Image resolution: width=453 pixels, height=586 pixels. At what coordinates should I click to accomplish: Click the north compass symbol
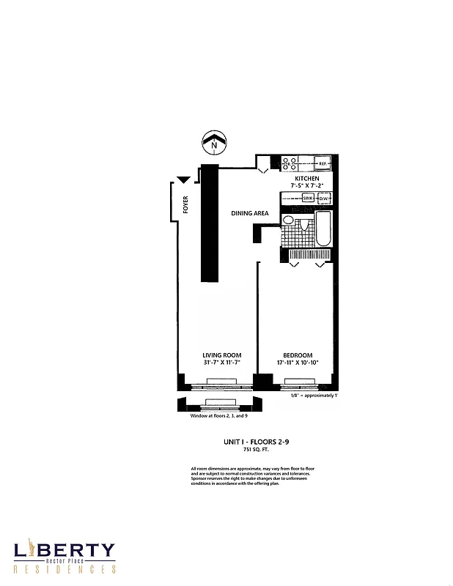tap(213, 141)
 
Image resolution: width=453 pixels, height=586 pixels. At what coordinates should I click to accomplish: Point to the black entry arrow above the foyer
tap(183, 179)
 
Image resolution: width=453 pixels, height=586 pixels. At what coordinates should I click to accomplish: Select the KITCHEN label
tap(306, 179)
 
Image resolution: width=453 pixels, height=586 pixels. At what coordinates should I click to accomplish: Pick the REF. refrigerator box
tap(321, 163)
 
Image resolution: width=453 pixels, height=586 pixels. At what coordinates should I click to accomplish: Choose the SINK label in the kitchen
tap(308, 198)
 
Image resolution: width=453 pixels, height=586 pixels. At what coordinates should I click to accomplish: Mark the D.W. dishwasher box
tap(323, 198)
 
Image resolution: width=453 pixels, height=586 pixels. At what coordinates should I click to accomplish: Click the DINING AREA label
tap(250, 213)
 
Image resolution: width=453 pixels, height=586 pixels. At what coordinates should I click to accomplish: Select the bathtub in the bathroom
tap(323, 230)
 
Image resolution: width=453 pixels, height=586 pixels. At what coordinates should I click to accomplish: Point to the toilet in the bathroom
tap(289, 220)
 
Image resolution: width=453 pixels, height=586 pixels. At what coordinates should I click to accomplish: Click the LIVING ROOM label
tap(222, 355)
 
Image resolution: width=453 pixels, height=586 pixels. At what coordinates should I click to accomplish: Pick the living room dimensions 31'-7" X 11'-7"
tap(222, 363)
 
